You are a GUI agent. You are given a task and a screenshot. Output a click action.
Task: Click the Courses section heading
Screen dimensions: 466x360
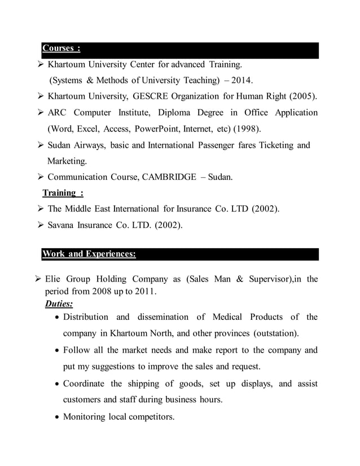click(62, 49)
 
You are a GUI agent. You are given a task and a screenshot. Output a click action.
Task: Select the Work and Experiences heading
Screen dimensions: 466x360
click(89, 254)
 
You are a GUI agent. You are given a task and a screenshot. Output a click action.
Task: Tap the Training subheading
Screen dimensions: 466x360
click(63, 193)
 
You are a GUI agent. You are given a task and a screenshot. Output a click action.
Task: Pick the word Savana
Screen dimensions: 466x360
click(63, 226)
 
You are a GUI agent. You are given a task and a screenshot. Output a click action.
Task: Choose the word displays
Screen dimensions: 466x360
click(251, 384)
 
